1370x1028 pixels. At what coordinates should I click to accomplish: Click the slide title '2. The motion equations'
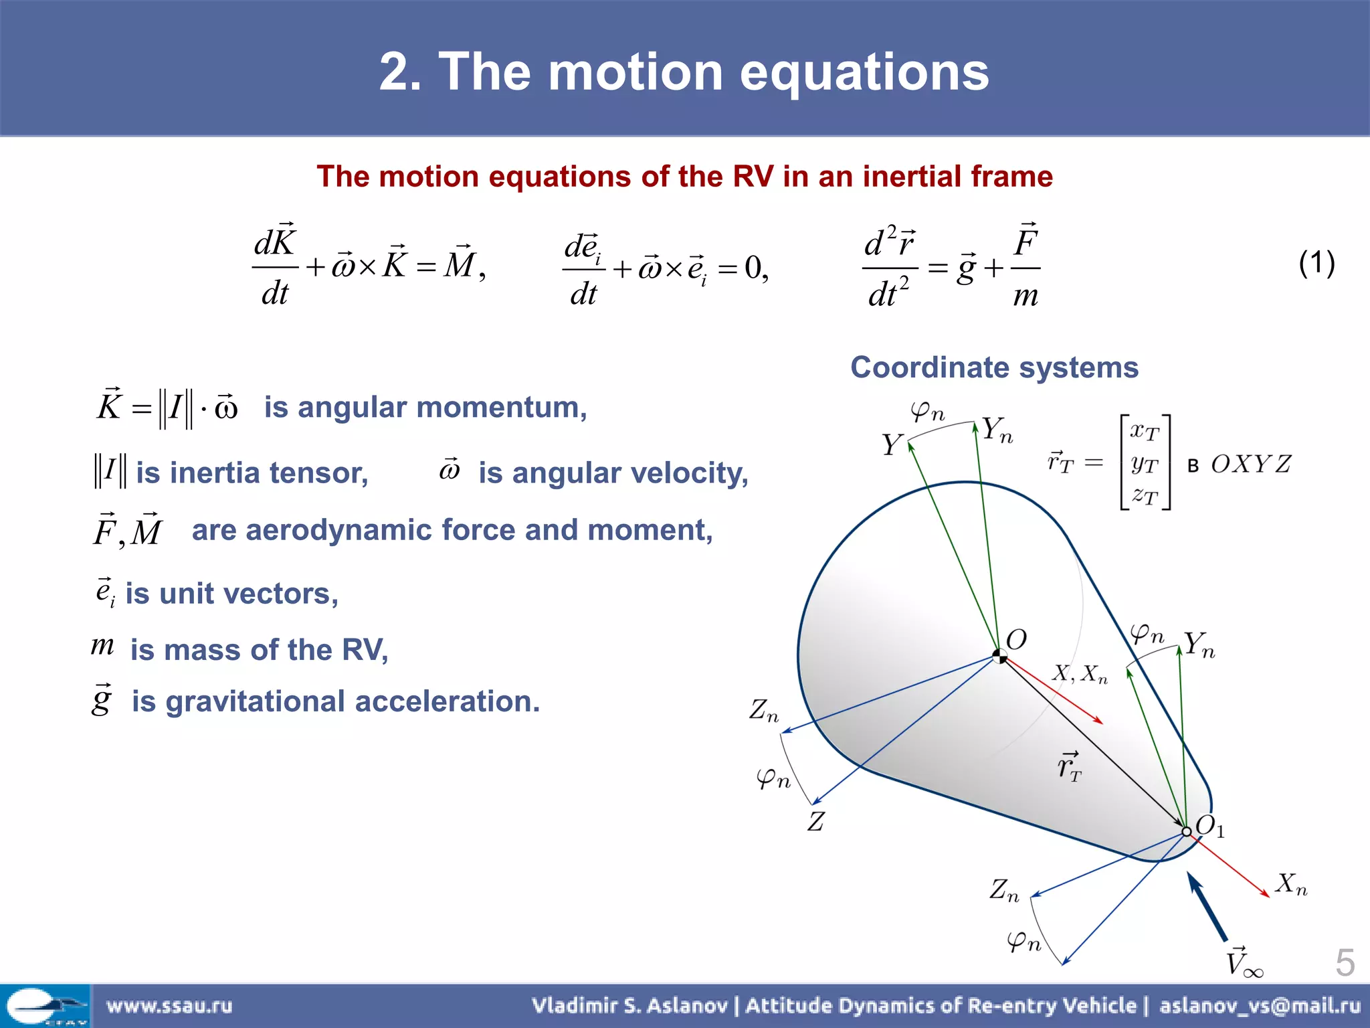(684, 72)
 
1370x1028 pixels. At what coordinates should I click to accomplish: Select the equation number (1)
(1316, 263)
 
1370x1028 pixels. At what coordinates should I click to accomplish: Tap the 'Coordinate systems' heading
(994, 367)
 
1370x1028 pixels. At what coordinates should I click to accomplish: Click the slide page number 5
(1345, 962)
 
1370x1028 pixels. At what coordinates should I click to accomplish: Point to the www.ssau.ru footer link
(169, 1006)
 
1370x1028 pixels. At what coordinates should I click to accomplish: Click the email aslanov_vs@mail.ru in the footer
(1260, 1006)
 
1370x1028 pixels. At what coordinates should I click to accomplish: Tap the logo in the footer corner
(45, 1006)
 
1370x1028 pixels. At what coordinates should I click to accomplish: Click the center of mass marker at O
(999, 656)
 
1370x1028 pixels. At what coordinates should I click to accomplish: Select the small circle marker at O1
(1186, 831)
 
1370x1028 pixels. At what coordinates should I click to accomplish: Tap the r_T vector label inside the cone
(1069, 767)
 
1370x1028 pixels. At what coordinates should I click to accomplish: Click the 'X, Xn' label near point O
(1080, 673)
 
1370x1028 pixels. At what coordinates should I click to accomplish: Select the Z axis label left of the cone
(815, 821)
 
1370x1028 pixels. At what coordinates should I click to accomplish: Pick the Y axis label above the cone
(892, 445)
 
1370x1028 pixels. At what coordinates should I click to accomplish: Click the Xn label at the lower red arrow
(1290, 884)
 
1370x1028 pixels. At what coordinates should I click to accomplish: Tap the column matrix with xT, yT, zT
(1145, 463)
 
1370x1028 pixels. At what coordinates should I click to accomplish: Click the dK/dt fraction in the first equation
(275, 266)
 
